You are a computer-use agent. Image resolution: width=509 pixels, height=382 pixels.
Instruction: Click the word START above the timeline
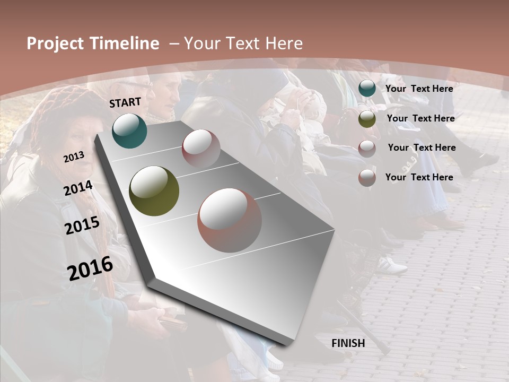pos(125,102)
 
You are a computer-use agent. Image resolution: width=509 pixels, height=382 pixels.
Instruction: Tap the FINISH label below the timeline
pos(348,343)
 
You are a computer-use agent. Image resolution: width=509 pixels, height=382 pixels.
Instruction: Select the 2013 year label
pos(74,157)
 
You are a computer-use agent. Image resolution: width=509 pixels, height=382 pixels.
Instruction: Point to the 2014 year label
pos(78,188)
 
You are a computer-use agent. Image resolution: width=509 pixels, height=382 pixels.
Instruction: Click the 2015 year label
pos(82,225)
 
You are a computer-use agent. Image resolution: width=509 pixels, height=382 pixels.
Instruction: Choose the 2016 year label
pos(90,268)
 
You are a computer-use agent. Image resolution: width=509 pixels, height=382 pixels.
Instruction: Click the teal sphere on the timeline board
pos(129,131)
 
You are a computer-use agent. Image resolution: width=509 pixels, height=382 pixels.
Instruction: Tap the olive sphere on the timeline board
pos(154,191)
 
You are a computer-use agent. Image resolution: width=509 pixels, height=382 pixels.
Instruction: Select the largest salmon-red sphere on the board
pos(230,220)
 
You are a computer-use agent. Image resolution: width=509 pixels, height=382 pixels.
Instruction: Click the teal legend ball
pos(367,89)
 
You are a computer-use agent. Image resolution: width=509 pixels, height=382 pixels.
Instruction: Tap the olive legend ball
pos(367,119)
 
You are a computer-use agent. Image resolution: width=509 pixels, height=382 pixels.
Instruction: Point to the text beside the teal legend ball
pos(419,89)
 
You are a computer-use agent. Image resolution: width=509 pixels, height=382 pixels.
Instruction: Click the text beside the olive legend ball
pos(420,118)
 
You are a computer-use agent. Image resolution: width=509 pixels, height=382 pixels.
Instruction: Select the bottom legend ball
pos(367,178)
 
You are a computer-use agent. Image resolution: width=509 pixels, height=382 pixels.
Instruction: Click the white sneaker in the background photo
pos(392,265)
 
